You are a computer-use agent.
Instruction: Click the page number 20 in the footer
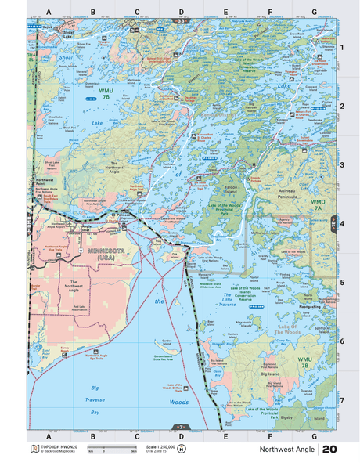click(x=329, y=450)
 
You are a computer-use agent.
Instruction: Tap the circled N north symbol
click(x=182, y=449)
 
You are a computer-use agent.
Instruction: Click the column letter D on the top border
click(x=182, y=13)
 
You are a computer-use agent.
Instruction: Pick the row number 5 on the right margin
click(x=341, y=282)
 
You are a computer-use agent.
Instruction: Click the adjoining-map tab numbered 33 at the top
click(x=182, y=20)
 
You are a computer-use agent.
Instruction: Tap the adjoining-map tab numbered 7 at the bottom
click(x=181, y=427)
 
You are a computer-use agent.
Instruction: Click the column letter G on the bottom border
click(x=314, y=435)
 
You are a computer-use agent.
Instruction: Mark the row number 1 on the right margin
click(x=341, y=48)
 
